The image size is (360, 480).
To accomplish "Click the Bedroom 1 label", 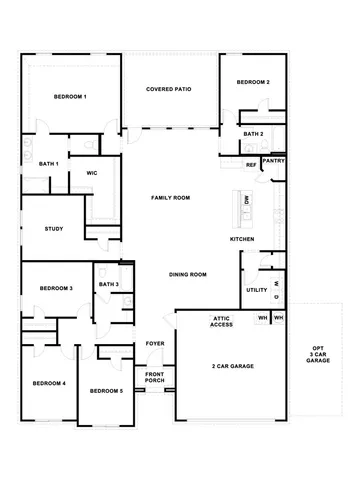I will coord(69,96).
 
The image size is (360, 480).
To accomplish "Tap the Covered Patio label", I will coord(169,89).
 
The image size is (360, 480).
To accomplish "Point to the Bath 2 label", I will coord(253,133).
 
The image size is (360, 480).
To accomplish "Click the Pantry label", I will coord(273,159).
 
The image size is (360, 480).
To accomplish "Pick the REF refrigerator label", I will coord(251,165).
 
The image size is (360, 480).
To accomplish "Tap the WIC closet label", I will coord(90,172).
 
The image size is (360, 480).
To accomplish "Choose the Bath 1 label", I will coord(49,163).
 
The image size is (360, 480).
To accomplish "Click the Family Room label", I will coord(170,198).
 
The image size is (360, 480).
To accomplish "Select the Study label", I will coord(54,229).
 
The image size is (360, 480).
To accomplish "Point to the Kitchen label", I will coord(242,239).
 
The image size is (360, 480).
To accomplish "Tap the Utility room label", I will coord(256,290).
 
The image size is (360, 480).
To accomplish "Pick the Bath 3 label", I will coord(109,284).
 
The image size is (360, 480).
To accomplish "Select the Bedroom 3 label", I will coord(56,288).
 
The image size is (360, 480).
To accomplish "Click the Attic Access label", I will coord(222,321).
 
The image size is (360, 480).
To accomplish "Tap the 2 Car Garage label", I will coord(233,367).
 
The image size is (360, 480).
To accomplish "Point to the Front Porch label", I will coord(155,377).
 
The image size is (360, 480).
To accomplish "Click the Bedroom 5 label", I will coord(106,391).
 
